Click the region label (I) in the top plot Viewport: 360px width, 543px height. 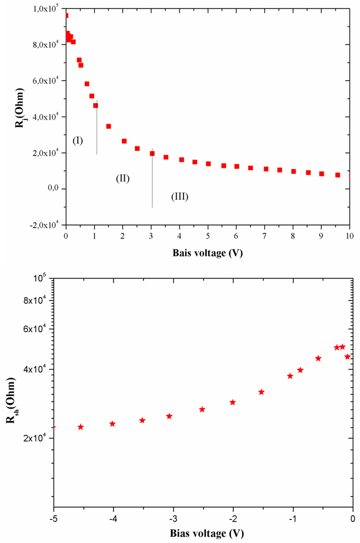click(x=78, y=140)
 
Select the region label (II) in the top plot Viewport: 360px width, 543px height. click(x=123, y=178)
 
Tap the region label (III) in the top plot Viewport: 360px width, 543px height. click(x=179, y=197)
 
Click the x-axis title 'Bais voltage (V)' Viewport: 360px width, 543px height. click(x=207, y=253)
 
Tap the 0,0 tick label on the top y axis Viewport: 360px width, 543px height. click(x=54, y=189)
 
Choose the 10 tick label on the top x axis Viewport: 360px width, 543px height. click(x=349, y=236)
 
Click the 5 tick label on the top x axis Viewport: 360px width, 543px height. click(x=208, y=236)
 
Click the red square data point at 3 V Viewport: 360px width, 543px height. click(x=152, y=153)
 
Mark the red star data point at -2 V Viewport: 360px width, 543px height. click(x=232, y=402)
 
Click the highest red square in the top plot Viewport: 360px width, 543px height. click(x=66, y=15)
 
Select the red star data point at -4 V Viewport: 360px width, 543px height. click(x=112, y=423)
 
